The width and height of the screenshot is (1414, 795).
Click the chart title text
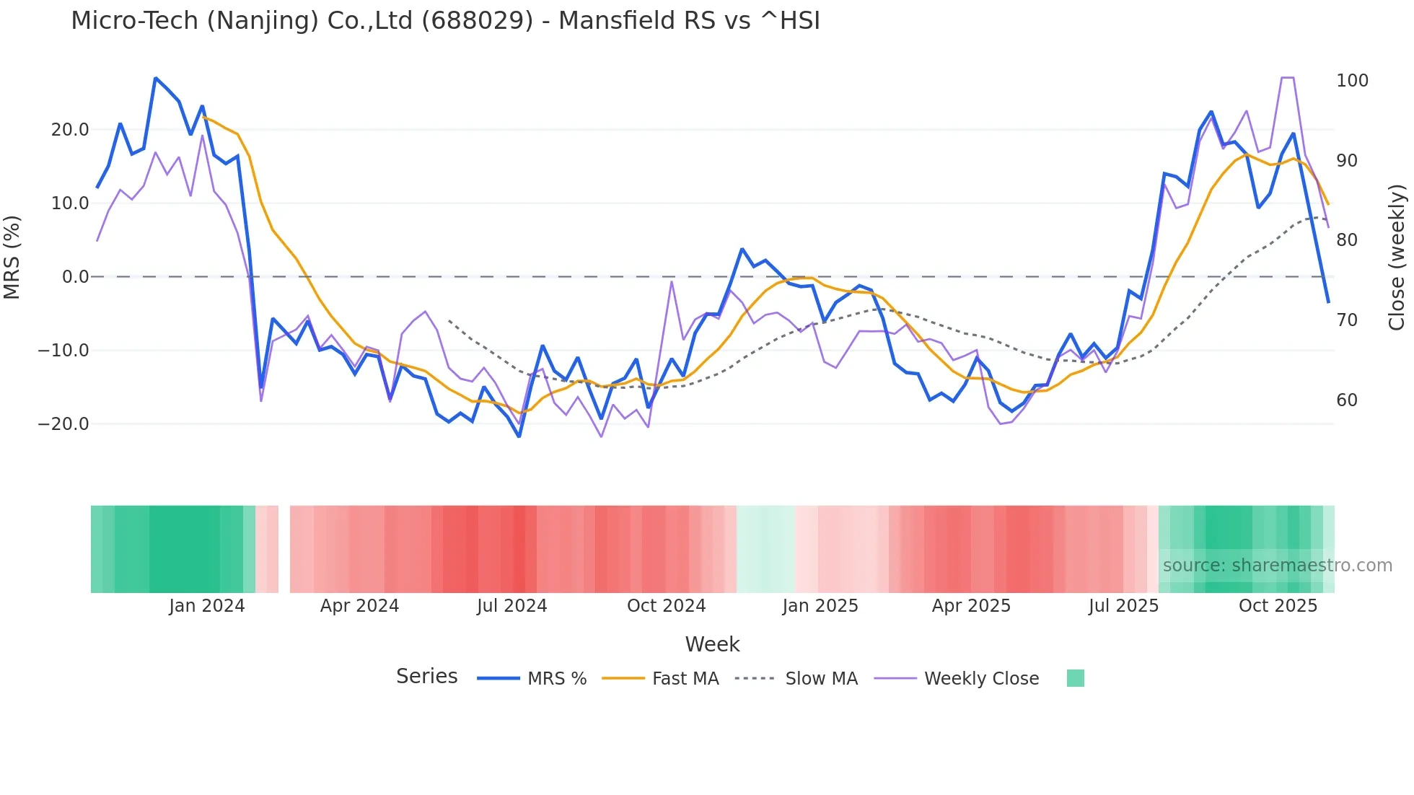point(445,21)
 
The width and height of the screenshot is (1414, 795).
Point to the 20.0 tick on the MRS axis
point(69,130)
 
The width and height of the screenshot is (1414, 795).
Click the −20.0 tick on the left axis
point(63,424)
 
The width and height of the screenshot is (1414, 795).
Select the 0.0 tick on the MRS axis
point(75,277)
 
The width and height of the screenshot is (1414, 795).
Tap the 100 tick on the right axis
point(1352,81)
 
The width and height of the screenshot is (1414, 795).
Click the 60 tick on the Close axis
point(1347,400)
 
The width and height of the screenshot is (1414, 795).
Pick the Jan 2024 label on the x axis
point(207,606)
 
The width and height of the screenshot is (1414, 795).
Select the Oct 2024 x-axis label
point(666,606)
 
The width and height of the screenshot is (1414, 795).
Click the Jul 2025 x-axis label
point(1123,606)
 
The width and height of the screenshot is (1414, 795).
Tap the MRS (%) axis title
point(12,258)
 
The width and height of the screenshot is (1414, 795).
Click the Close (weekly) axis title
point(1397,258)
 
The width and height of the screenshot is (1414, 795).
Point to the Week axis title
point(712,644)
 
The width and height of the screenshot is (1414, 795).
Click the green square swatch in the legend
point(1075,678)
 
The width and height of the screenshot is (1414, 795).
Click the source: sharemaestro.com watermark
point(1277,566)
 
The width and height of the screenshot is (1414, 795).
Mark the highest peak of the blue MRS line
point(156,78)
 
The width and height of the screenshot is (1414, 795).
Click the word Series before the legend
point(426,677)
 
